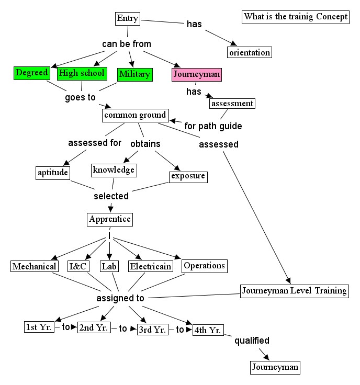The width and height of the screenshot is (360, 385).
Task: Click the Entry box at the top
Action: click(x=128, y=19)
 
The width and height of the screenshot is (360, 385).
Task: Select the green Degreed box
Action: click(x=31, y=73)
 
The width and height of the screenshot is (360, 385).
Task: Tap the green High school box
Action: click(x=82, y=73)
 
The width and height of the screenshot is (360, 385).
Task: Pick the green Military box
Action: click(x=134, y=74)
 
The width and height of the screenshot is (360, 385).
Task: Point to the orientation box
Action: click(x=250, y=52)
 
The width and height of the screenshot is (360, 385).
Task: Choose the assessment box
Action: click(x=232, y=103)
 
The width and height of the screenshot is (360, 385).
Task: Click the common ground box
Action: click(x=135, y=115)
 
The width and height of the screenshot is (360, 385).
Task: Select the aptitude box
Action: click(x=53, y=172)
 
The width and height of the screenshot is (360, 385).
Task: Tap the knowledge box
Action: click(x=114, y=169)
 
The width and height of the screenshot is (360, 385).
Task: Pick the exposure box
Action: click(x=188, y=176)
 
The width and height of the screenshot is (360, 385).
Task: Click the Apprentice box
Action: click(x=109, y=219)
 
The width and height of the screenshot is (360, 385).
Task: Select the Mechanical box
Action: click(x=35, y=266)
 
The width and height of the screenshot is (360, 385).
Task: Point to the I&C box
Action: click(x=78, y=266)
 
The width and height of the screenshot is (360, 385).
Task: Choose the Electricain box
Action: click(x=151, y=266)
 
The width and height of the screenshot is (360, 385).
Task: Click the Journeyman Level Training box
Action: click(x=294, y=291)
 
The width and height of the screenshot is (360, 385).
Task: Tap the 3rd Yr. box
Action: click(x=152, y=330)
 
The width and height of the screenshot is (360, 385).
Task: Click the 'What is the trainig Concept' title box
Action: click(x=295, y=17)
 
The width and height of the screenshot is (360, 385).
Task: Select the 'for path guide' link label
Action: click(x=213, y=126)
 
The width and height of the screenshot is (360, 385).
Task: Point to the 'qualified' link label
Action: click(x=252, y=341)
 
